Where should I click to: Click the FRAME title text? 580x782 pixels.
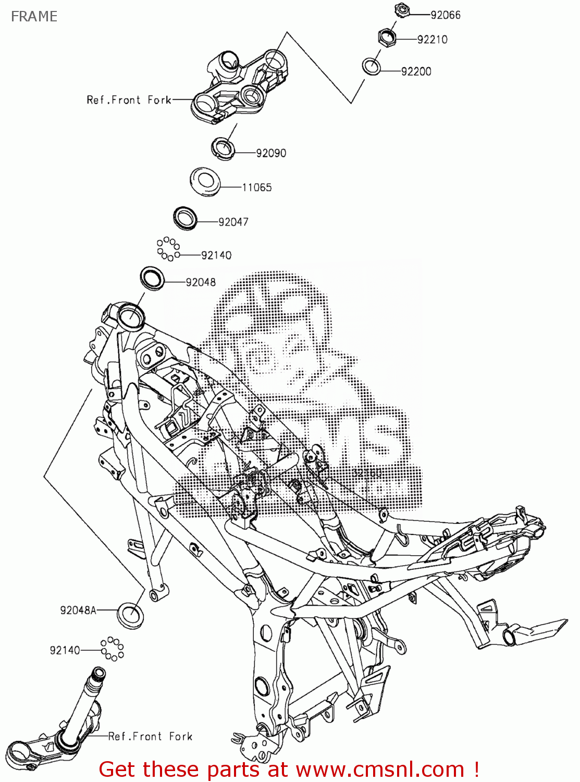point(34,17)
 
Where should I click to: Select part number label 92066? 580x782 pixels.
point(445,15)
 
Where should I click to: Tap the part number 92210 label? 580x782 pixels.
point(432,40)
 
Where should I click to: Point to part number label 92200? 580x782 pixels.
point(416,71)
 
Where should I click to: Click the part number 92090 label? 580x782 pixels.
point(271,153)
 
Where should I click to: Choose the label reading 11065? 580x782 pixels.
point(256,187)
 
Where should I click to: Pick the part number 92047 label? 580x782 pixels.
point(233,222)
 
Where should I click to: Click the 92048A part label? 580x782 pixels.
point(78,610)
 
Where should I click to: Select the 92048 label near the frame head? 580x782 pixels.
point(201,282)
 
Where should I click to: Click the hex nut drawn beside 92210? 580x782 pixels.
point(387,38)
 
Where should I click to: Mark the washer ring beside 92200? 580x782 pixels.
point(371,67)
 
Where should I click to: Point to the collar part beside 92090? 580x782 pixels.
point(223,148)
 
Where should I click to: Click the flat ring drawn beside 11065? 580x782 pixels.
point(205,182)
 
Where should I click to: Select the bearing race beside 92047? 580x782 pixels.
point(185,217)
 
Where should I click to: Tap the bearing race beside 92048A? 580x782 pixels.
point(130,615)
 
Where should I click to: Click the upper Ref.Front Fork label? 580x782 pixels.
point(129,100)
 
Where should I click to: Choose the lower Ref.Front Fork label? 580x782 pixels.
point(150,736)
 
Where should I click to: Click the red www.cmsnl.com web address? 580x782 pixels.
point(380,769)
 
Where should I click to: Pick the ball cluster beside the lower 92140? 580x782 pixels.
point(113,649)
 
